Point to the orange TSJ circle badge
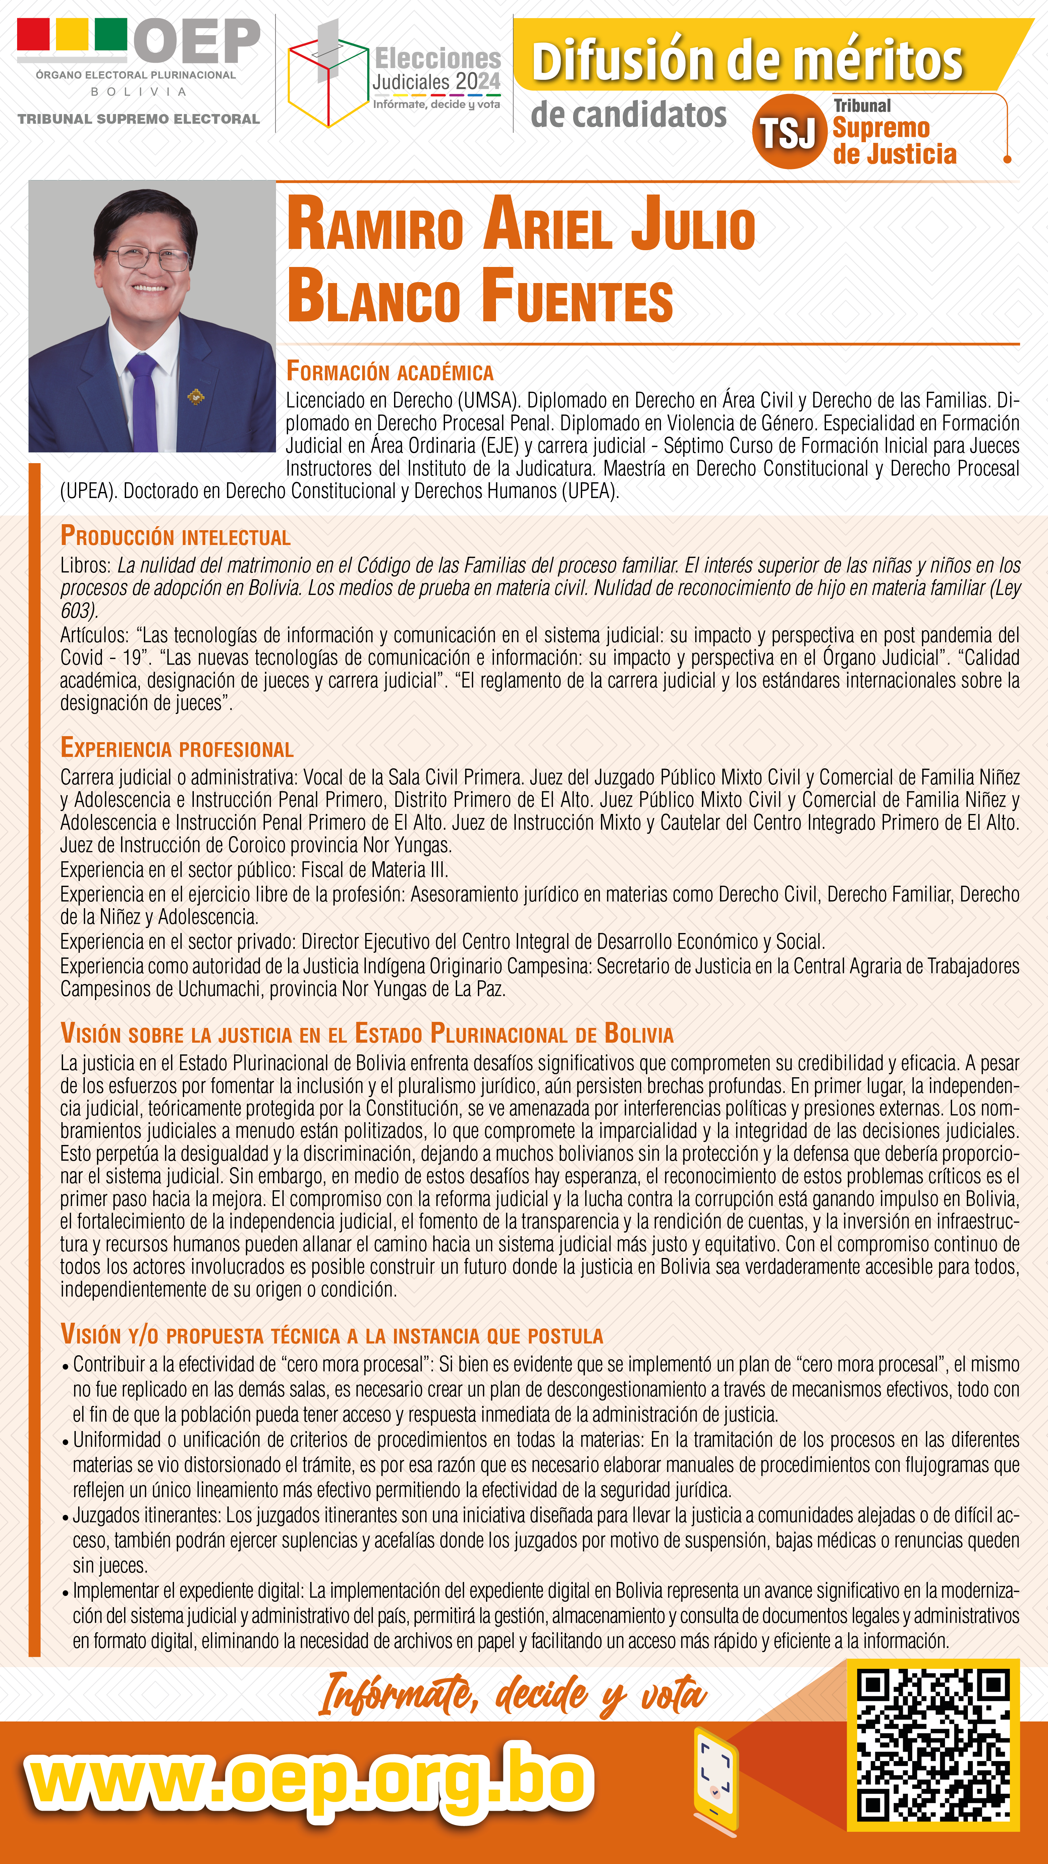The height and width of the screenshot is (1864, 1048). tap(789, 132)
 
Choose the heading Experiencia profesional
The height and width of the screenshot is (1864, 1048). tap(177, 748)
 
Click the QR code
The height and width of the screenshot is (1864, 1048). tap(933, 1744)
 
